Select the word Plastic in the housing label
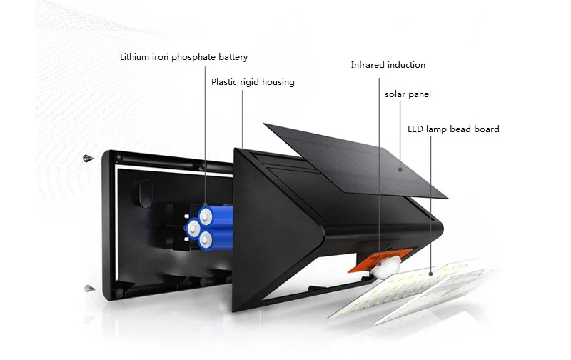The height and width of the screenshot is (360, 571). click(x=225, y=82)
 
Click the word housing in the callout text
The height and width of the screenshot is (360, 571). click(x=278, y=82)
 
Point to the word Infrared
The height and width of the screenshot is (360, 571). click(x=368, y=65)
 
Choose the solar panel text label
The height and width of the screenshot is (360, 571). click(x=408, y=94)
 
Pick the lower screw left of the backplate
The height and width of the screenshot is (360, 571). click(x=89, y=288)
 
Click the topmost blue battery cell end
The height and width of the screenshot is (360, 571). click(x=208, y=213)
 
